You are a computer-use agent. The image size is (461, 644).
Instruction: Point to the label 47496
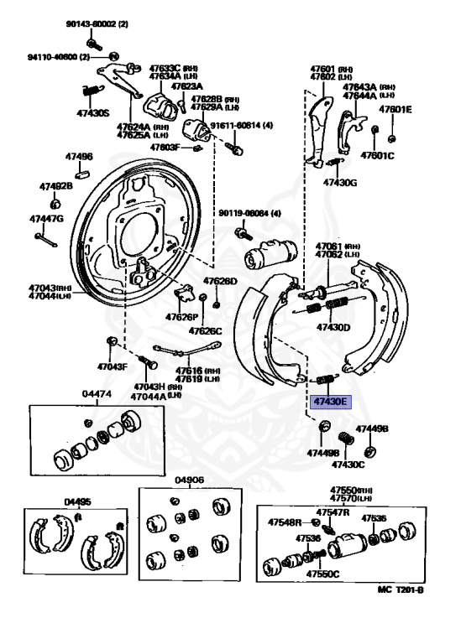coord(79,157)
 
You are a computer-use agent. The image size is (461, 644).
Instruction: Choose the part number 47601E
coord(394,109)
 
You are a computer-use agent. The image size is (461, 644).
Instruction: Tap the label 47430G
coord(339,181)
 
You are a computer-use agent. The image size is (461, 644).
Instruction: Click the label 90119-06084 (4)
coord(249,213)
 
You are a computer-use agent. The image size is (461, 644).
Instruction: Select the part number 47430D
coord(333,327)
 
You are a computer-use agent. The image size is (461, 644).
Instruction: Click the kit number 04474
coord(97,392)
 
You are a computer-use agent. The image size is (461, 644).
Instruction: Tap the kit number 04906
coord(189,480)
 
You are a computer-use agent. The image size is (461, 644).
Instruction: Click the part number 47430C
coord(348,463)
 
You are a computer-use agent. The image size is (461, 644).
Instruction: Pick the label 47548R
coord(285,522)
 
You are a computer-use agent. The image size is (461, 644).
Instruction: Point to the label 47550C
coord(322,574)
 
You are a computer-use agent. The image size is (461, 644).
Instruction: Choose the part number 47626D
coord(220,282)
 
